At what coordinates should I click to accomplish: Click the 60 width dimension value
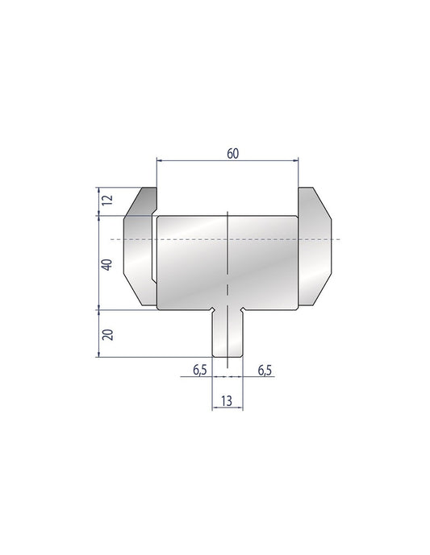click(x=232, y=154)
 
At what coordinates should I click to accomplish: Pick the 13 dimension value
click(x=228, y=400)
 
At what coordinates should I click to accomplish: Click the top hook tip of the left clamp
click(x=150, y=190)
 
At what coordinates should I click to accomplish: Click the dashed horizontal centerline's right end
click(x=339, y=240)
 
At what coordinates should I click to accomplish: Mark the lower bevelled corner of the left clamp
click(x=133, y=292)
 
